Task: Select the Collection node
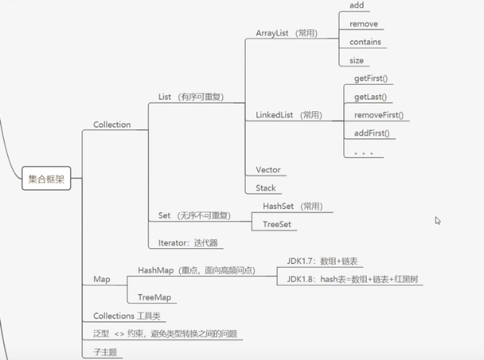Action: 112,125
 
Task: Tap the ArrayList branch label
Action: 286,33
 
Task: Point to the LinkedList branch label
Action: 289,115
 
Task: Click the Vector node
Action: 268,170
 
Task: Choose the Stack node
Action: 265,188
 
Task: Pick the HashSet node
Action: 291,206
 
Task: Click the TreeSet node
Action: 277,225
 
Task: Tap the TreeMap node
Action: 154,297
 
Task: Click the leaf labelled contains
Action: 365,42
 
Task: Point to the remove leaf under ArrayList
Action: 364,24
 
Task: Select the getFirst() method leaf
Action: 375,79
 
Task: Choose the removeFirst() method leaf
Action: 378,116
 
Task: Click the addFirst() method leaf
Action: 371,134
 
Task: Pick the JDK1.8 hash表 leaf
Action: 352,280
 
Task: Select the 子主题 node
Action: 104,352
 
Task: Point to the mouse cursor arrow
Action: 438,221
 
